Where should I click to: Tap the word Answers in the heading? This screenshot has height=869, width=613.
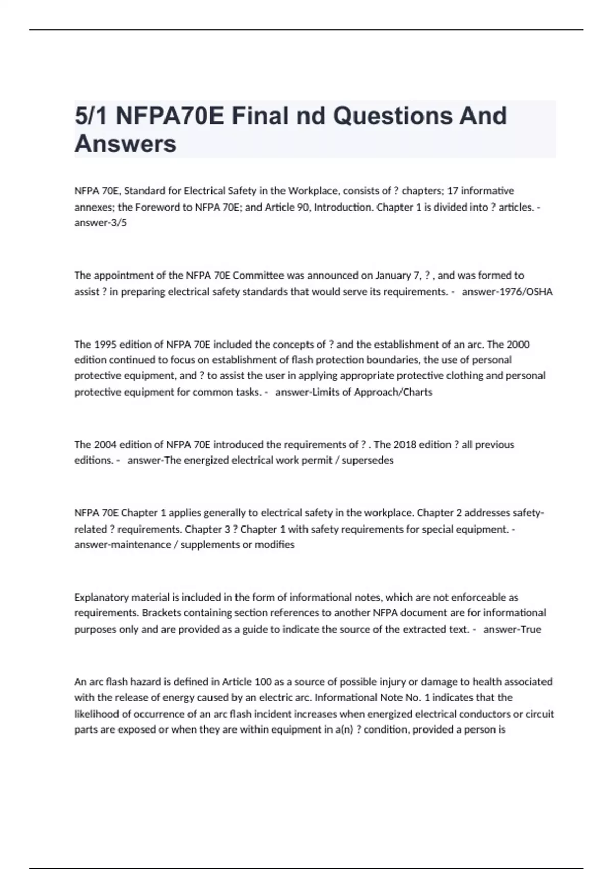pos(125,144)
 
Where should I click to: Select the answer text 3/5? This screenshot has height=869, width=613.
pos(116,223)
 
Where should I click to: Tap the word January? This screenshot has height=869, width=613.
pos(392,276)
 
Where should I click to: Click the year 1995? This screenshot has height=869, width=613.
pos(104,345)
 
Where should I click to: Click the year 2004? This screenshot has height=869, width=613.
pos(104,445)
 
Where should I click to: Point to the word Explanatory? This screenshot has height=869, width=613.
pos(101,597)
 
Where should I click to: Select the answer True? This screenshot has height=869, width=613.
pos(530,629)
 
